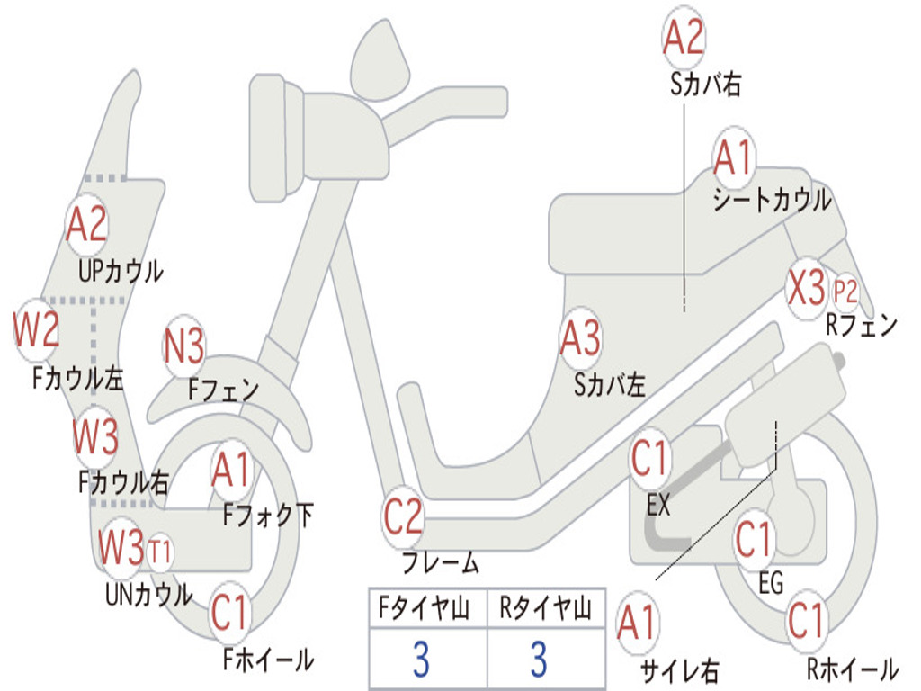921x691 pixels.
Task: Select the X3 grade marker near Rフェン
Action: [x=807, y=288]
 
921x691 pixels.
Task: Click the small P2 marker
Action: [x=845, y=291]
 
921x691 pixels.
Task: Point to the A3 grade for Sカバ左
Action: [x=580, y=337]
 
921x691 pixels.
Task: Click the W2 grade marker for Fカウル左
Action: [x=36, y=329]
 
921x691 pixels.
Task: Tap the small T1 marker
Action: [x=158, y=552]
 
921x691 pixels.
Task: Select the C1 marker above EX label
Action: [x=649, y=458]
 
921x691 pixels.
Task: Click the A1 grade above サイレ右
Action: [x=636, y=623]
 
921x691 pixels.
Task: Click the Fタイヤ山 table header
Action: [x=424, y=607]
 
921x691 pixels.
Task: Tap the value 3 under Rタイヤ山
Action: [x=540, y=658]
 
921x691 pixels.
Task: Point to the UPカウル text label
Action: [x=121, y=272]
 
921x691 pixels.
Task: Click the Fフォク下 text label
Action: [x=267, y=516]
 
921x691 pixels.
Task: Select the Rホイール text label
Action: [x=852, y=669]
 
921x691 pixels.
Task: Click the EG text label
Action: [x=770, y=583]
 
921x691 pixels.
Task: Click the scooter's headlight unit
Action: [x=276, y=139]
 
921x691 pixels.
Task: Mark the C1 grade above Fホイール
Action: [x=229, y=612]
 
